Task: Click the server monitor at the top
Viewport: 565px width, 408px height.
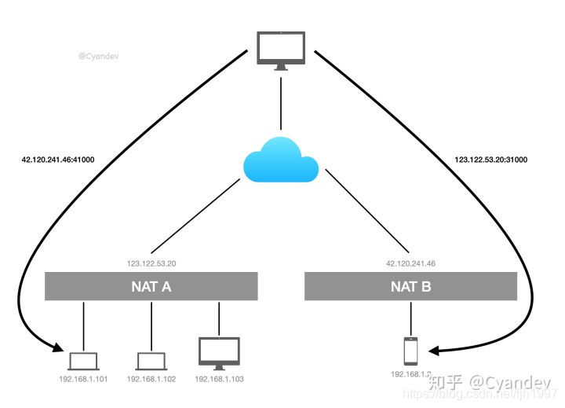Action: [281, 50]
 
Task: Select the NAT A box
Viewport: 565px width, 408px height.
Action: [151, 286]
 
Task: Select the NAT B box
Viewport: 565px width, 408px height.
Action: [410, 286]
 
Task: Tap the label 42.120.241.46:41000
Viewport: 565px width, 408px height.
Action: [58, 160]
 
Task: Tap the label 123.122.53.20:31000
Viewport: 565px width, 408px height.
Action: [491, 160]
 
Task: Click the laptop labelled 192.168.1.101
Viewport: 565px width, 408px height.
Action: [83, 361]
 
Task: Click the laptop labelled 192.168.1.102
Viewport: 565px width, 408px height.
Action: [151, 361]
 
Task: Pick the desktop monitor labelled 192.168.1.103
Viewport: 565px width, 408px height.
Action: [219, 353]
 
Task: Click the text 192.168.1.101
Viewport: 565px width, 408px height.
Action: [83, 379]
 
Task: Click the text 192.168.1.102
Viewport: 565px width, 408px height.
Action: [151, 379]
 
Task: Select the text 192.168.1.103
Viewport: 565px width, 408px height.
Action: [219, 379]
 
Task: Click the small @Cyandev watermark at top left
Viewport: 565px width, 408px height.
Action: [97, 57]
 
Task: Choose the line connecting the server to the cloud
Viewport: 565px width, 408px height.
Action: [281, 103]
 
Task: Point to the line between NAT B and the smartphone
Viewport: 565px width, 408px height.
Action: [410, 318]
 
